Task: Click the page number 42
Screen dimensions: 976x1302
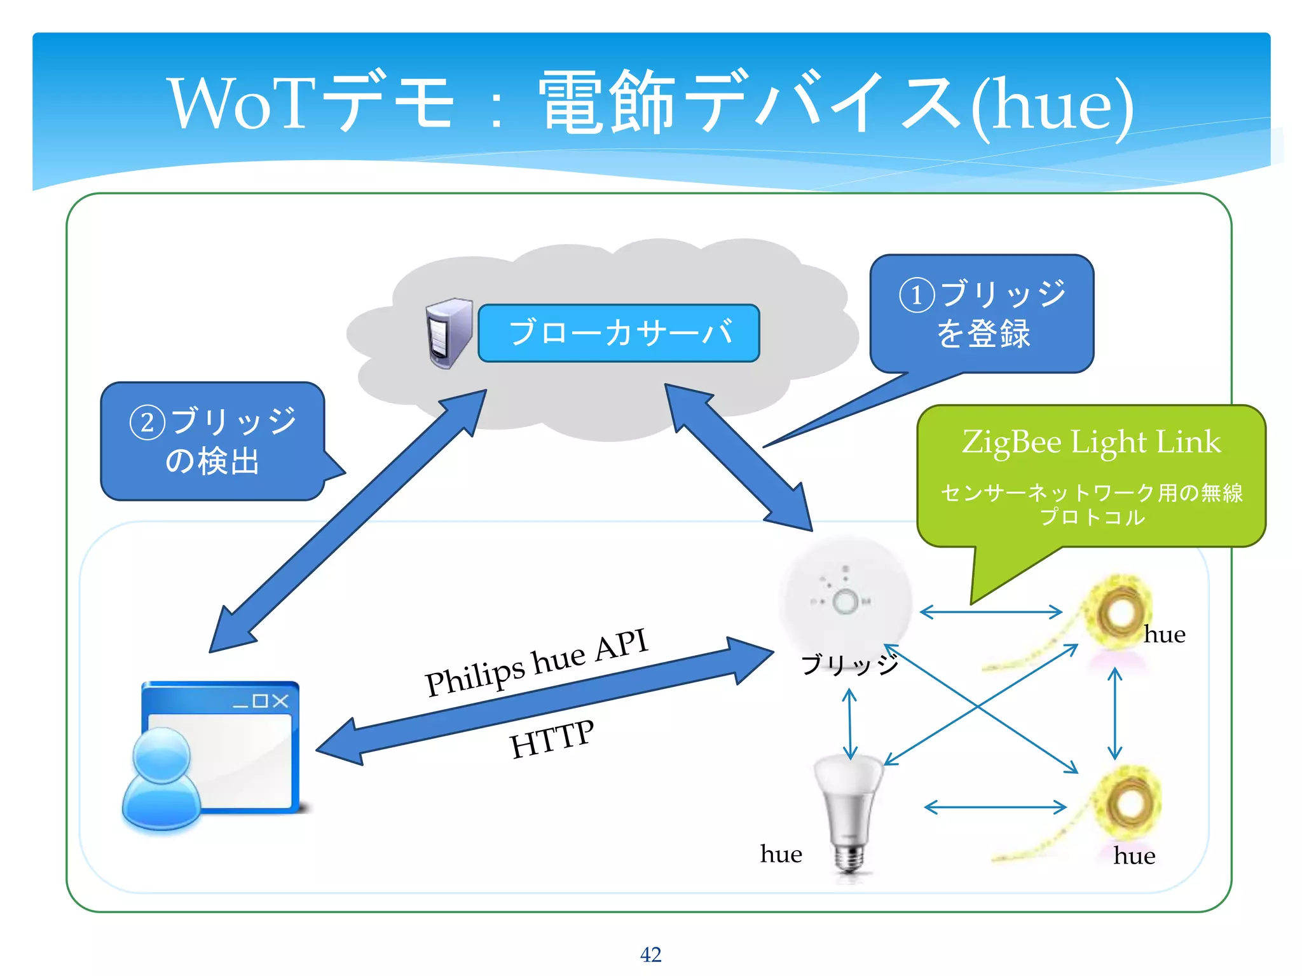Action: pos(650,954)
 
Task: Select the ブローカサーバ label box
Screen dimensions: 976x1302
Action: pos(619,333)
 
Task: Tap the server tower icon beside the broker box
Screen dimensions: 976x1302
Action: pos(449,333)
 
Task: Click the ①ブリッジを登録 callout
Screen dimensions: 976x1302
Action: pos(982,314)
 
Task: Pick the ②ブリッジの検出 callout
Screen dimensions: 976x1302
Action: pos(213,441)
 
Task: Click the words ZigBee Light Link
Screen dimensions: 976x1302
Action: pos(1091,442)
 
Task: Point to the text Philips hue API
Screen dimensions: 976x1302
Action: pos(537,662)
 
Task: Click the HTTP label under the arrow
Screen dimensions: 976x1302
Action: pos(552,739)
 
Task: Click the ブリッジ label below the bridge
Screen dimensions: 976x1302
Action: pos(850,665)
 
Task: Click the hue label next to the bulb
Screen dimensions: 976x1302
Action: pos(781,854)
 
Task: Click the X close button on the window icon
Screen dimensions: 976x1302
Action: pos(280,701)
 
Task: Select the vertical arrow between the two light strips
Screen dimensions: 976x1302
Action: pos(1114,713)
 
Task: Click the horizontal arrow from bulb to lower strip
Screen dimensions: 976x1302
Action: pos(995,807)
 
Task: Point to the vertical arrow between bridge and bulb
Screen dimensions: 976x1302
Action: pos(850,724)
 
